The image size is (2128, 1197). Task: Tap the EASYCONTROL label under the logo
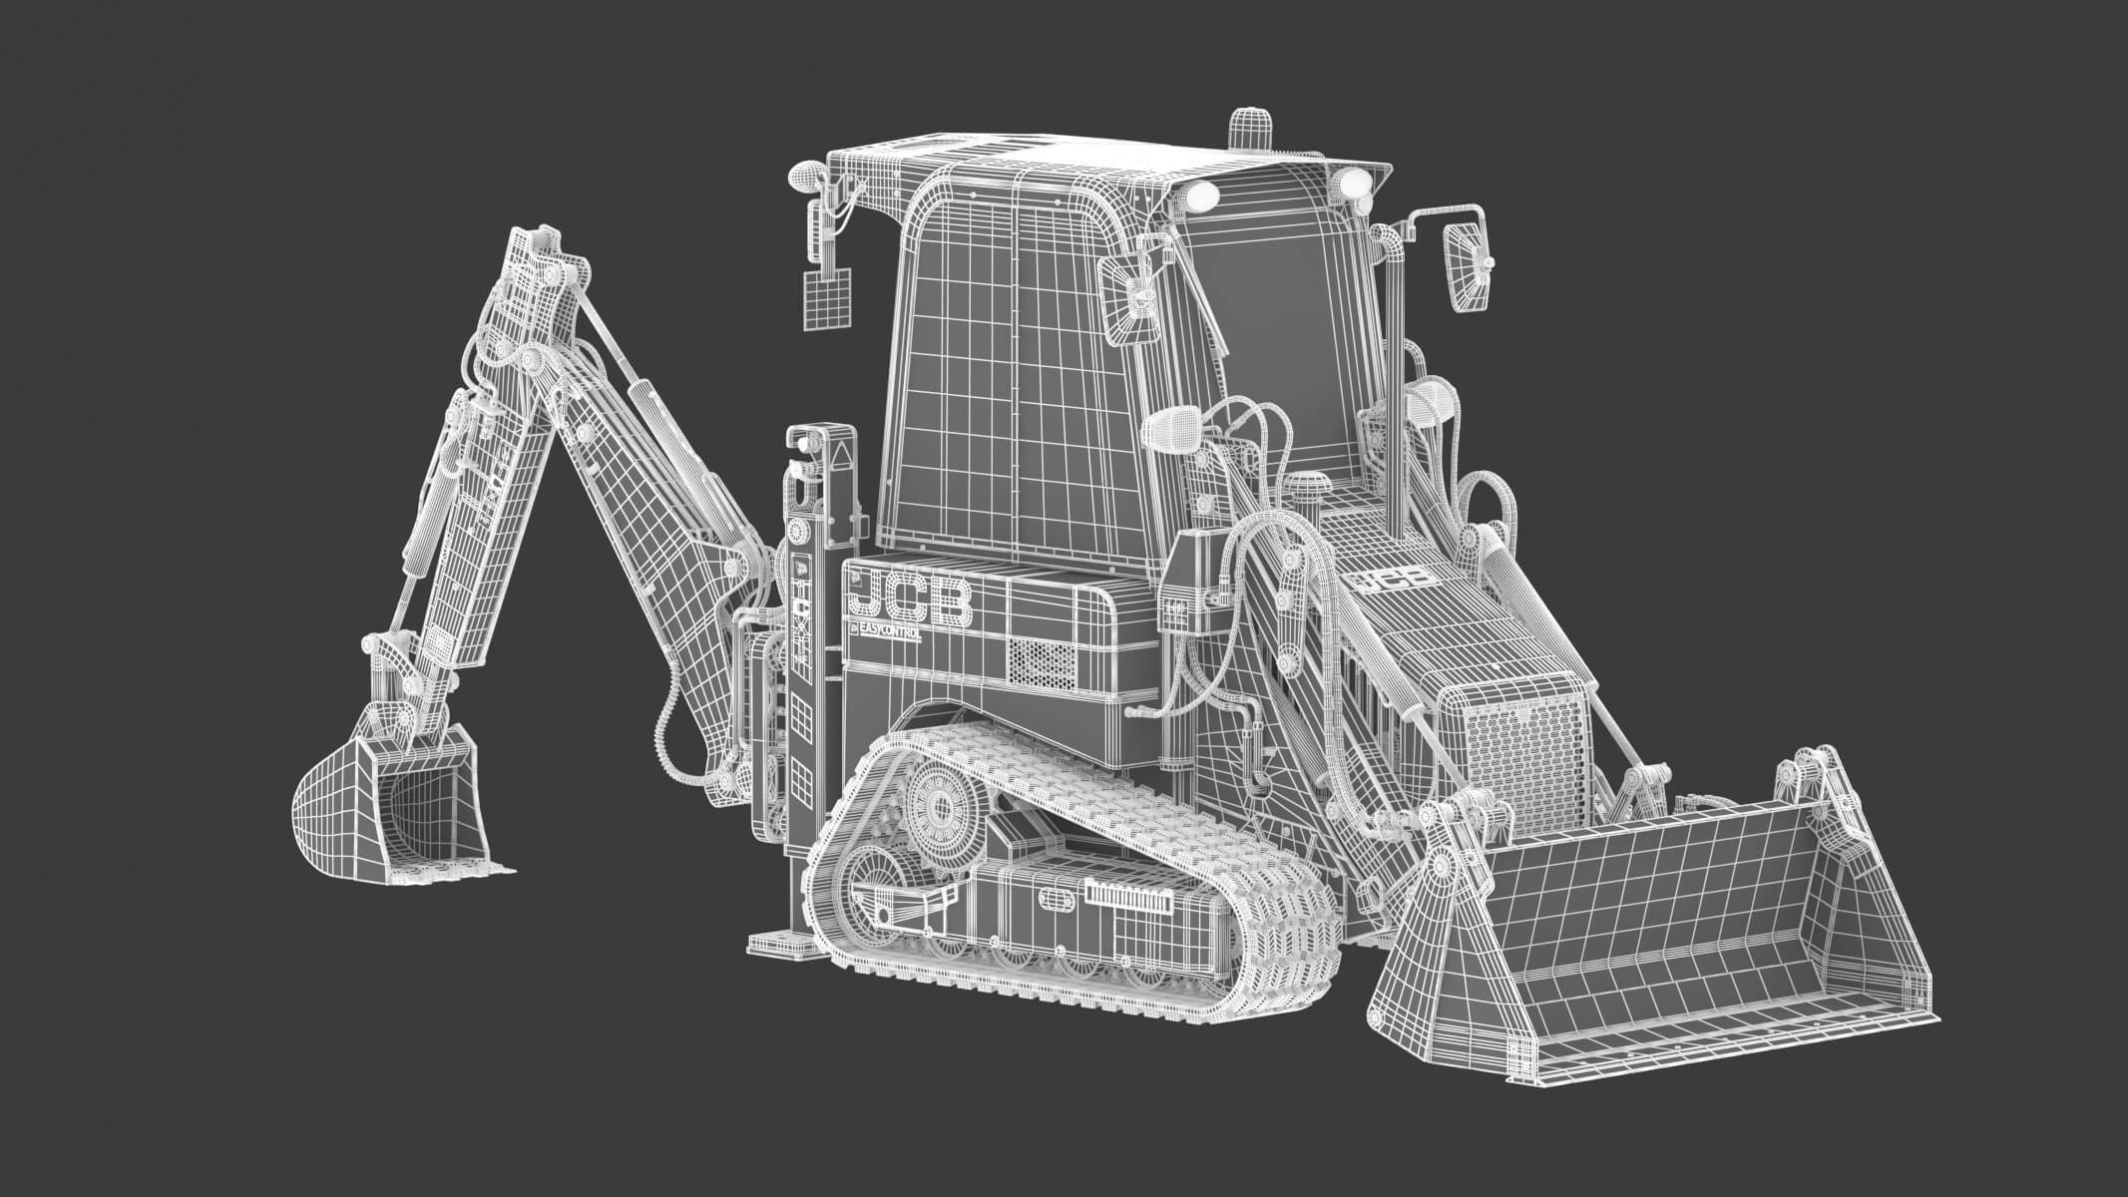coord(885,632)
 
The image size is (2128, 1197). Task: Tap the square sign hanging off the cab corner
coord(827,298)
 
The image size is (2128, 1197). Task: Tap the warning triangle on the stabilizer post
coord(841,461)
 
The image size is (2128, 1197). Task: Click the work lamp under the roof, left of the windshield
coord(1203,196)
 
